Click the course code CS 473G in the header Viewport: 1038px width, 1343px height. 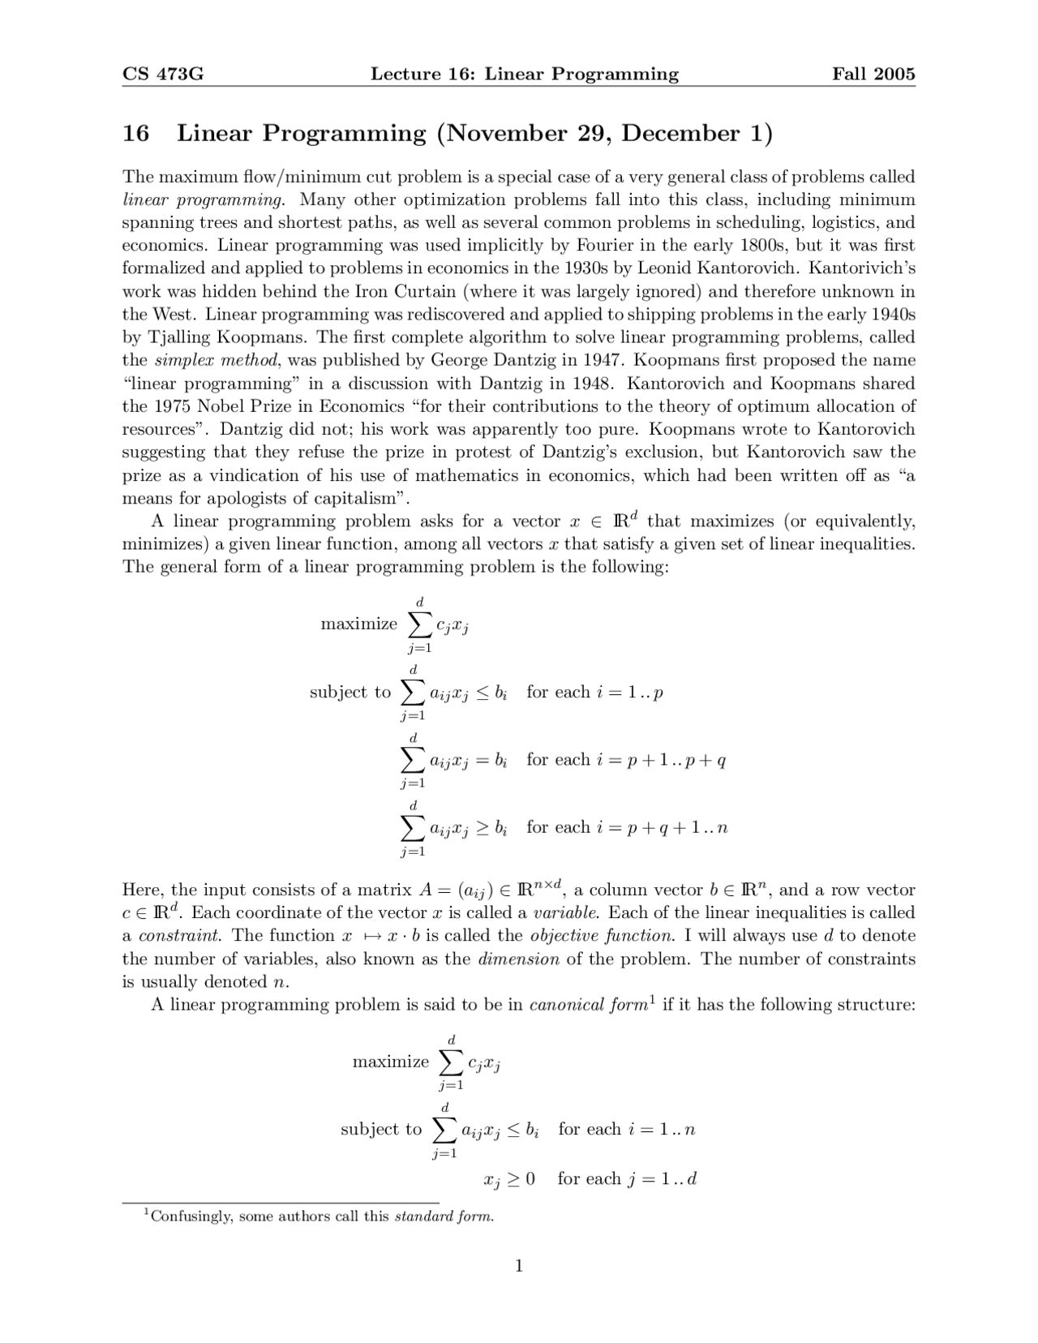(162, 75)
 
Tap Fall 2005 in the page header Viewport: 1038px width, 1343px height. (873, 75)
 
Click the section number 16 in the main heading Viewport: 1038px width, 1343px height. (135, 133)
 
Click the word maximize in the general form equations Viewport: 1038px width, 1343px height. (359, 624)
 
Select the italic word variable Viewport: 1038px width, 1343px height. (565, 912)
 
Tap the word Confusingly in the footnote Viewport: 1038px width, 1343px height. (192, 1216)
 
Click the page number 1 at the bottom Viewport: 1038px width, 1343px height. (519, 1266)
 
